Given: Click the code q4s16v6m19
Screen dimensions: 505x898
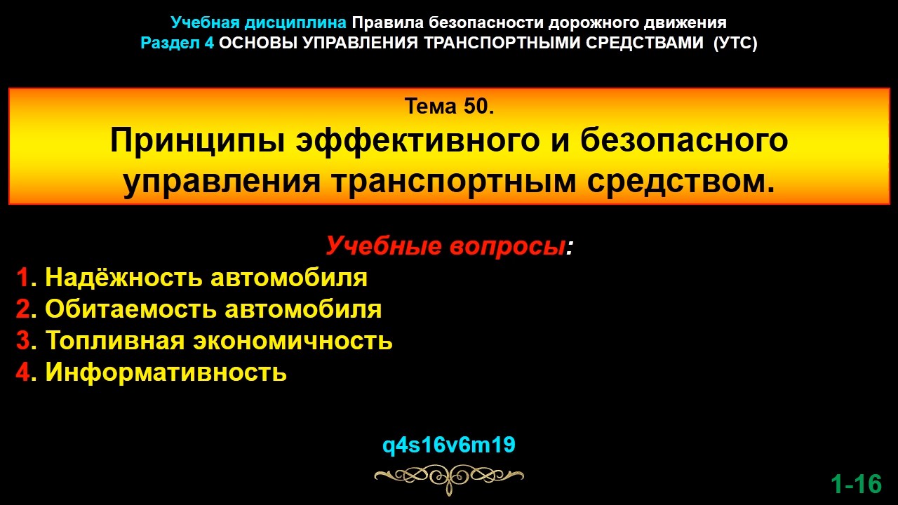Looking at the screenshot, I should pos(449,445).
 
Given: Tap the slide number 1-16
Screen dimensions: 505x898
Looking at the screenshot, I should pos(856,484).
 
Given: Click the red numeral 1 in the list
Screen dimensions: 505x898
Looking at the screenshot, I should pos(22,278).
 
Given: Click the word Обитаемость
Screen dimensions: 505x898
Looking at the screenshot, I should pos(130,309).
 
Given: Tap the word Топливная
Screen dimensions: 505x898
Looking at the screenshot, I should pos(116,341).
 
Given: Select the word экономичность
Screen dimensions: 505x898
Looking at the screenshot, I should pos(293,341).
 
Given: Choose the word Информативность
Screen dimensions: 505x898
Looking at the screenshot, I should pos(166,372).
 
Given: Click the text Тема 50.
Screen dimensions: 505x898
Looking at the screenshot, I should pos(450,107).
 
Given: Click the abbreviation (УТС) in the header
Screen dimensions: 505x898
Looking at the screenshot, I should pos(735,43).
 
